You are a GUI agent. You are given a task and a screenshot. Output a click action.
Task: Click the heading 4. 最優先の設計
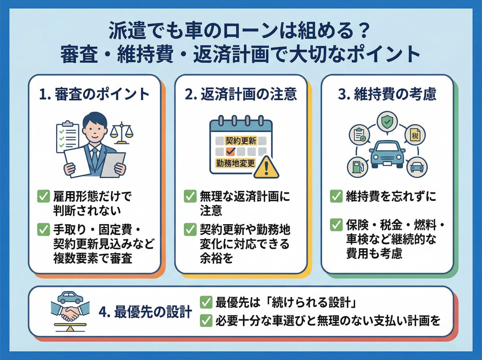pos(145,312)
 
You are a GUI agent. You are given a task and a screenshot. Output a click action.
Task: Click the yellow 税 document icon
pos(415,136)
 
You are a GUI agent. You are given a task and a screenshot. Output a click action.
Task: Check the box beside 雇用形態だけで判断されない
pos(43,196)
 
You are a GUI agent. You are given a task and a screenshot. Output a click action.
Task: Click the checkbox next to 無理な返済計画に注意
pos(190,196)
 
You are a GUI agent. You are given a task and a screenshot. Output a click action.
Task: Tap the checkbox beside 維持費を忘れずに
pos(336,196)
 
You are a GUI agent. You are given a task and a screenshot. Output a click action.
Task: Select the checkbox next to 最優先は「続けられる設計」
pos(206,302)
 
